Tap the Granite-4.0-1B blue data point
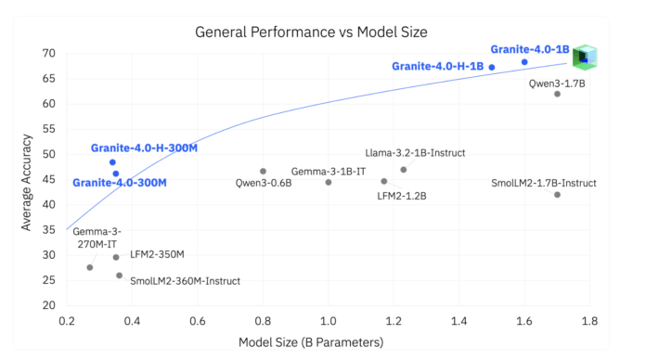coord(524,62)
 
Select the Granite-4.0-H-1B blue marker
coord(492,67)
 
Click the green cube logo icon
coord(585,58)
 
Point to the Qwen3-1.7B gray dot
coord(557,94)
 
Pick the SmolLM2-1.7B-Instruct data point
coord(557,194)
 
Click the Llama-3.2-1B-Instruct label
coord(416,153)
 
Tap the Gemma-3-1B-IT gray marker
coord(329,182)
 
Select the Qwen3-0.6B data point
coord(263,171)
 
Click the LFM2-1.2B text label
coord(401,196)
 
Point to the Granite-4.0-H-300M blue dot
coord(112,161)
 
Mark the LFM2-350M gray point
coord(116,257)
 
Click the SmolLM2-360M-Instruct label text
coord(185,280)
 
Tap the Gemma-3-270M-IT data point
coord(90,267)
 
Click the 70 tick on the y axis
coord(48,53)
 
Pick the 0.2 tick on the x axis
coord(67,320)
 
